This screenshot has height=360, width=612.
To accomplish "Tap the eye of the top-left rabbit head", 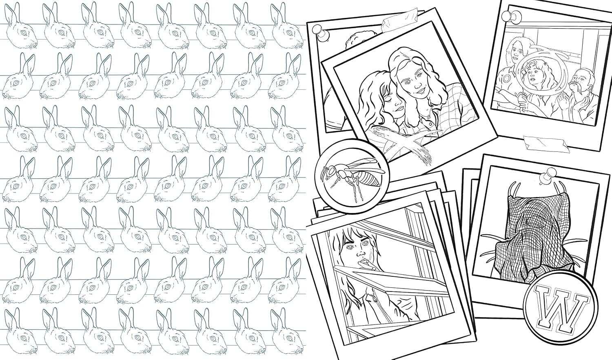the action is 24,33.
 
